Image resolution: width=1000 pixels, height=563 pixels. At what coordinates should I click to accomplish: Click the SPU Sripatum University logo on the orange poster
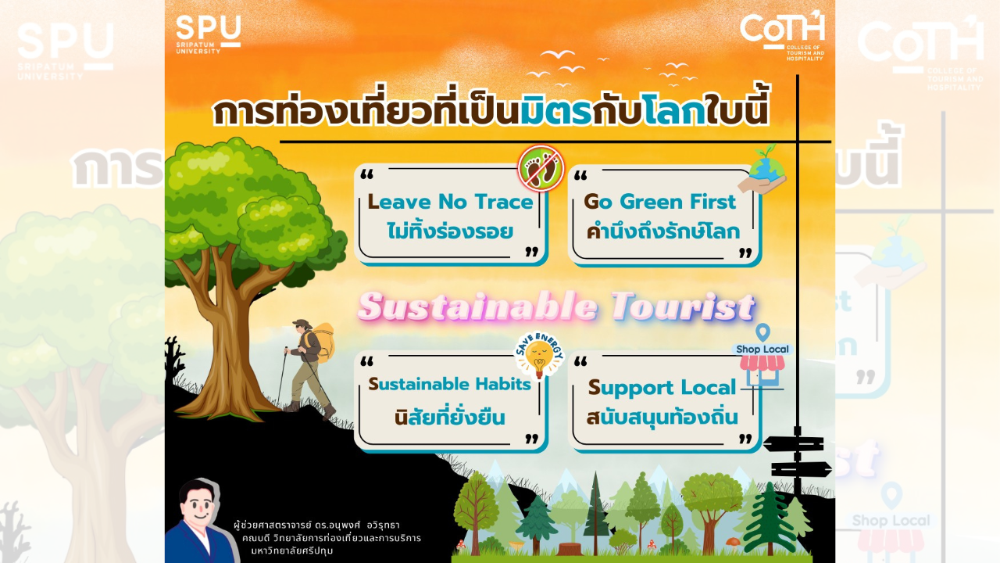(x=208, y=34)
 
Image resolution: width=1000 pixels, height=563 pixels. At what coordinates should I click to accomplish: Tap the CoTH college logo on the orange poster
(x=782, y=35)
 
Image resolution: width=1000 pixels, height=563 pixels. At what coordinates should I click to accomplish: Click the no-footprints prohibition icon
(x=541, y=168)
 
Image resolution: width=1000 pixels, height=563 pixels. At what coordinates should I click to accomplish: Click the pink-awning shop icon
(x=762, y=370)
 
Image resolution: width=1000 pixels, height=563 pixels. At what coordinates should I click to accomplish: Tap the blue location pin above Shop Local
(x=763, y=332)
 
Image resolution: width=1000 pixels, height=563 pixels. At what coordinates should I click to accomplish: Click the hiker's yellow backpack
(x=323, y=342)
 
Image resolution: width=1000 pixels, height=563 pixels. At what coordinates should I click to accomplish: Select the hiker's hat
(x=302, y=324)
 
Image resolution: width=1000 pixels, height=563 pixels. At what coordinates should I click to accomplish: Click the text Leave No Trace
(x=451, y=202)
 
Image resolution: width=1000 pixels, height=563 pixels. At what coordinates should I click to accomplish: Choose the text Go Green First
(x=660, y=202)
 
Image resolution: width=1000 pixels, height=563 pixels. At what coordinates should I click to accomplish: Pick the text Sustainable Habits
(x=449, y=384)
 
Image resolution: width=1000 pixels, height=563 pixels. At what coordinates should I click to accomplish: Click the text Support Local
(x=662, y=388)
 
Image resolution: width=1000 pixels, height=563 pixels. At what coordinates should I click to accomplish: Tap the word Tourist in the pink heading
(x=682, y=307)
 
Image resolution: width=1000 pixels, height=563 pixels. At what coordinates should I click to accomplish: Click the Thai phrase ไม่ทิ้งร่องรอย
(x=451, y=231)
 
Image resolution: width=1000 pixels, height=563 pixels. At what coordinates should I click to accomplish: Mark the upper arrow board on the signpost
(x=794, y=443)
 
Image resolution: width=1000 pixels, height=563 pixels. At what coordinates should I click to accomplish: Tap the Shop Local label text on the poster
(x=762, y=349)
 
